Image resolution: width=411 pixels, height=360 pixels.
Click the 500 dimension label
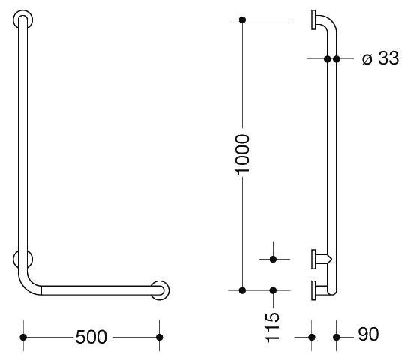point(91,337)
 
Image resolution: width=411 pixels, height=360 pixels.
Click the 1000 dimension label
point(242,154)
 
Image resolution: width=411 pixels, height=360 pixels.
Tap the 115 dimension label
point(273,328)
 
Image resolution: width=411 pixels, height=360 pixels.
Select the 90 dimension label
point(368,334)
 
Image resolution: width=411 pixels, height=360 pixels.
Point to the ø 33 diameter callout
point(380,58)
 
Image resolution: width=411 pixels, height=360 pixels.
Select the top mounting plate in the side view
point(313,19)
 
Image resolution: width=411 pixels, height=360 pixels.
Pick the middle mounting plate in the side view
point(313,259)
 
